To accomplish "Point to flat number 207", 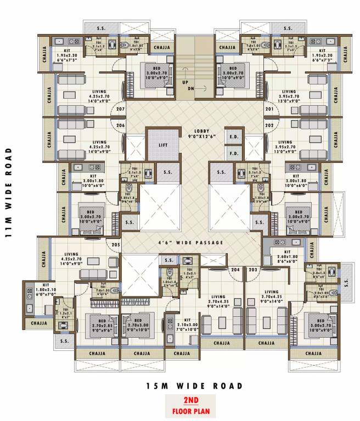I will (121, 109).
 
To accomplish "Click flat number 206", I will (121, 126).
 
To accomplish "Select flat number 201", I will (269, 109).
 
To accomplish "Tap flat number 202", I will (269, 126).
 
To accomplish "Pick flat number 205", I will (116, 244).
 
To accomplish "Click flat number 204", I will (236, 270).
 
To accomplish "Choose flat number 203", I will (252, 270).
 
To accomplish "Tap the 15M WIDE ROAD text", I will (194, 387).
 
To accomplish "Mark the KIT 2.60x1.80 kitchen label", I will (288, 258).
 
